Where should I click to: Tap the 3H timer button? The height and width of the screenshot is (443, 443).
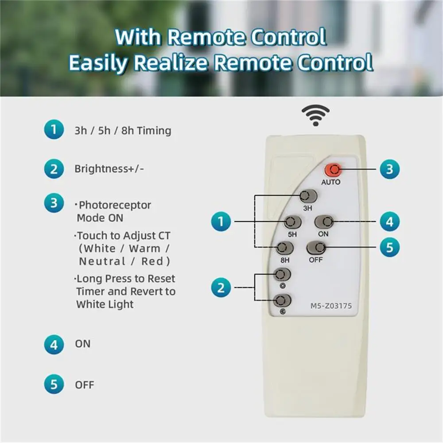coord(308,196)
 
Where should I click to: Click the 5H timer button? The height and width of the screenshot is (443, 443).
coord(292,222)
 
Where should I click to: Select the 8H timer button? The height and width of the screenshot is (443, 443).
coord(285,248)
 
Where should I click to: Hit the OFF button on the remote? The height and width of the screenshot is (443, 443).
coord(316,248)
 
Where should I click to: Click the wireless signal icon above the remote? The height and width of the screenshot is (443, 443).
coord(315,115)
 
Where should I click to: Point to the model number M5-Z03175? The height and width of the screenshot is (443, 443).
coord(331,306)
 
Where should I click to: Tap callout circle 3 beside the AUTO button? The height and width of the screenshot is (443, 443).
coord(389,169)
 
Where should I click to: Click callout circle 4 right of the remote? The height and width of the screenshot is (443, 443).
coord(389,221)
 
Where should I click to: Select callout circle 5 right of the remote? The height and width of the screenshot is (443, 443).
coord(389,247)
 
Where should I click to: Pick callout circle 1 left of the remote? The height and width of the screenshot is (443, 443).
coord(221,221)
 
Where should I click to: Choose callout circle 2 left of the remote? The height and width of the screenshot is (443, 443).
coord(221,288)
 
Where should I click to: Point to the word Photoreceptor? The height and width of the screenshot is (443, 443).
coord(115,206)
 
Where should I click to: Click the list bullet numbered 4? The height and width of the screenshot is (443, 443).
coord(54,344)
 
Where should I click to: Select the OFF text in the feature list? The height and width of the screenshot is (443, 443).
coord(85,385)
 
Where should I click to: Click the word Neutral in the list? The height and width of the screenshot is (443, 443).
coord(102,261)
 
